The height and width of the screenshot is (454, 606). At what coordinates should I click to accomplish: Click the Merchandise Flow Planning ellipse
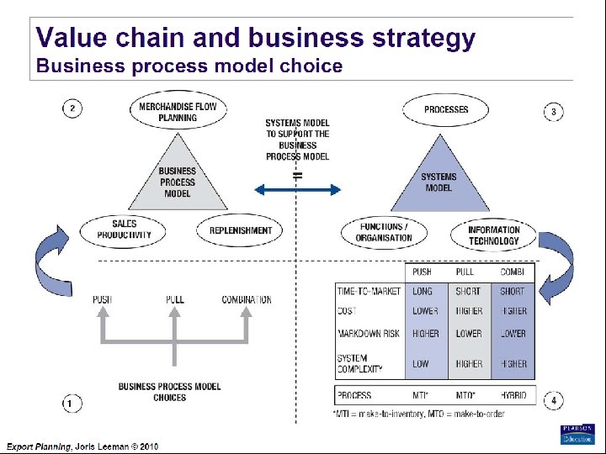[x=178, y=113]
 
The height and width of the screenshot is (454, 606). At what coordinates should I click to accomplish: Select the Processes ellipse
[x=446, y=109]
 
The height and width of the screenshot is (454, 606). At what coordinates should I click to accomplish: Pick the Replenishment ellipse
[x=240, y=230]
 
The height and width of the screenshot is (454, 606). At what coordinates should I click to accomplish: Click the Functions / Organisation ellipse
[x=384, y=232]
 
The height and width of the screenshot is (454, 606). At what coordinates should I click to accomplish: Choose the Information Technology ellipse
[x=493, y=235]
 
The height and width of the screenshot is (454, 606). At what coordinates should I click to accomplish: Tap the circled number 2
[x=72, y=108]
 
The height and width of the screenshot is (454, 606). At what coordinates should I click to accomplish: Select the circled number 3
[x=553, y=112]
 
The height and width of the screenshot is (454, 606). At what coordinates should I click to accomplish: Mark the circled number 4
[x=553, y=401]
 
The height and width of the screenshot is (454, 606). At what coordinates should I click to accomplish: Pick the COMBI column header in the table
[x=513, y=272]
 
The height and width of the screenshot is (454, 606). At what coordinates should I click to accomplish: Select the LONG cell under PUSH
[x=423, y=291]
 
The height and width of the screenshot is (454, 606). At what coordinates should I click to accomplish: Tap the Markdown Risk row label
[x=369, y=334]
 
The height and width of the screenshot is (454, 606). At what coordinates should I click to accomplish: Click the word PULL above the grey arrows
[x=175, y=299]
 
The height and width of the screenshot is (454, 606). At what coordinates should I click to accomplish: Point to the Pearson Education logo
[x=577, y=434]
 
